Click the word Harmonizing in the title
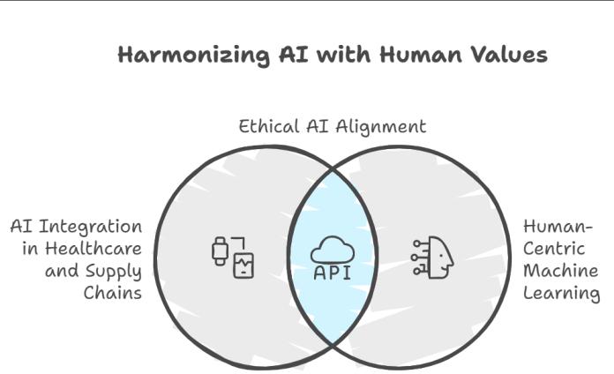click(181, 55)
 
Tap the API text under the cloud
click(332, 273)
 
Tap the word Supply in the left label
click(113, 271)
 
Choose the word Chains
click(113, 292)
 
